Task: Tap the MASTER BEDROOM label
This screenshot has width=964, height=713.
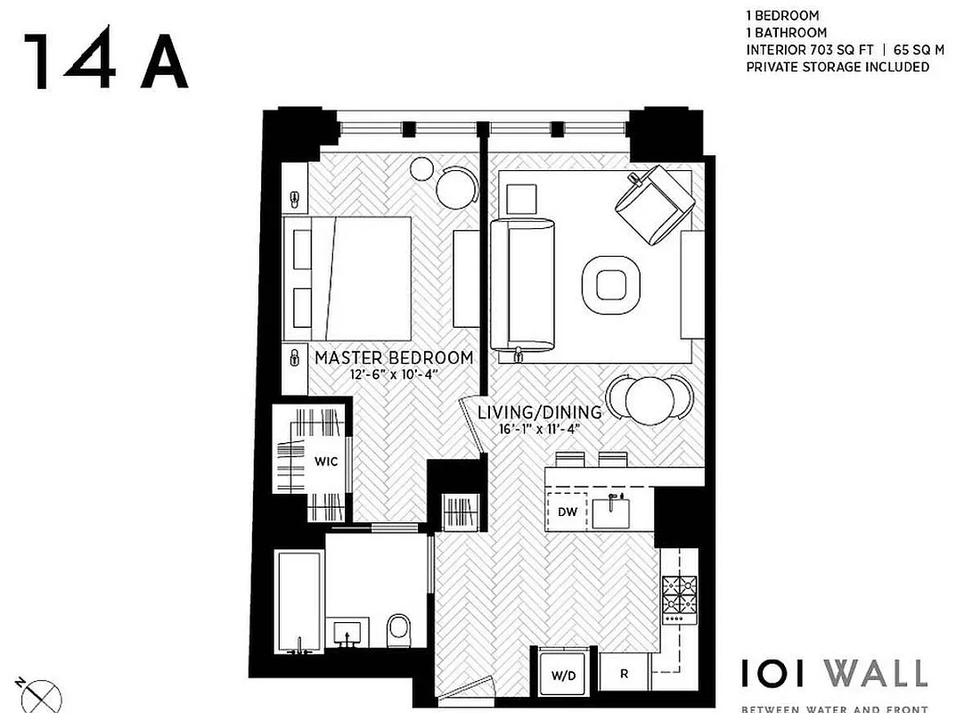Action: [x=394, y=357]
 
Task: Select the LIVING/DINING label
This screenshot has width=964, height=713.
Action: [x=539, y=413]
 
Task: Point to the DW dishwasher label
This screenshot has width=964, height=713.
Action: [x=568, y=512]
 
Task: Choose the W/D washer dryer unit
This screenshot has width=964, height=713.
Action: [x=564, y=676]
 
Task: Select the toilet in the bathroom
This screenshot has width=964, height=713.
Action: [x=398, y=630]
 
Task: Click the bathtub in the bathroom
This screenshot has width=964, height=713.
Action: [x=298, y=602]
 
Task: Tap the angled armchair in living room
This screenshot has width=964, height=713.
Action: [x=654, y=204]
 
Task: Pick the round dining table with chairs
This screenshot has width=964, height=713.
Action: [x=648, y=400]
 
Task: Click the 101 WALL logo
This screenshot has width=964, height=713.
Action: [x=834, y=674]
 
